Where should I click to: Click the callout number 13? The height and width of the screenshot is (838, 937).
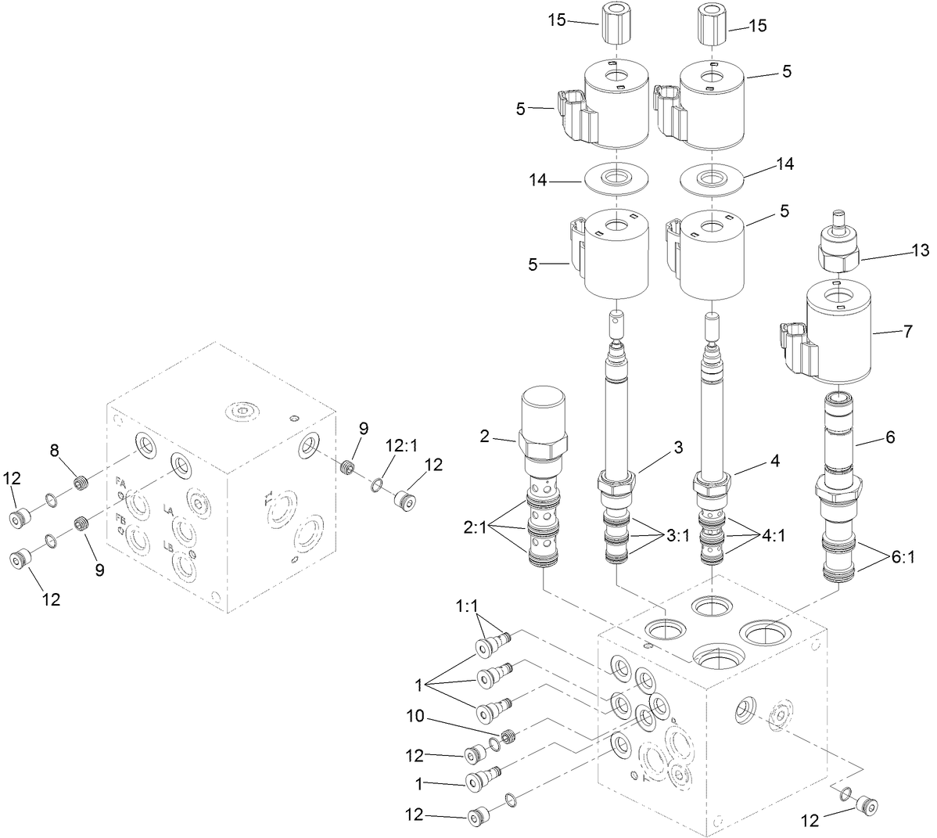click(920, 250)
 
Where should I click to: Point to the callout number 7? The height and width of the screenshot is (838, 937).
click(907, 331)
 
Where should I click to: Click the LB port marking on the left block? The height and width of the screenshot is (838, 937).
click(168, 547)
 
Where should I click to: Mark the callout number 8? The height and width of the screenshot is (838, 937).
click(54, 450)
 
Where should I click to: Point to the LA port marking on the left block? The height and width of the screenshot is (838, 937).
click(168, 510)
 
